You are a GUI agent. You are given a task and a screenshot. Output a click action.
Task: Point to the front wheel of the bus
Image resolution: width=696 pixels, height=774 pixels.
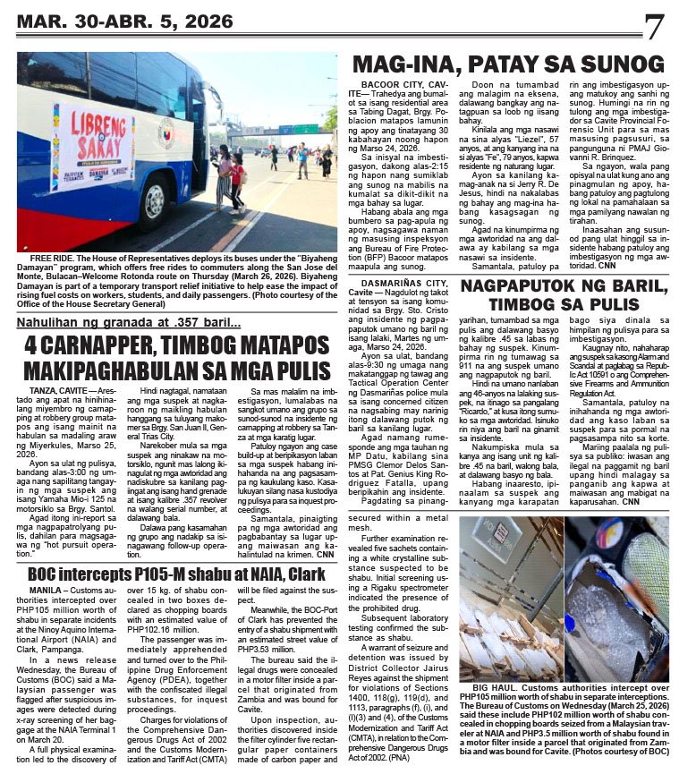[x=152, y=204]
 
